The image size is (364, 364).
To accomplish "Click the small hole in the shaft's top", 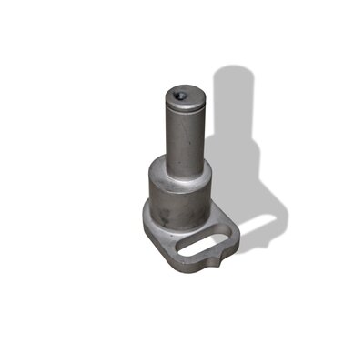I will tap(180, 93).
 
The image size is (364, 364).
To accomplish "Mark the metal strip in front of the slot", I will tap(196, 258).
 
